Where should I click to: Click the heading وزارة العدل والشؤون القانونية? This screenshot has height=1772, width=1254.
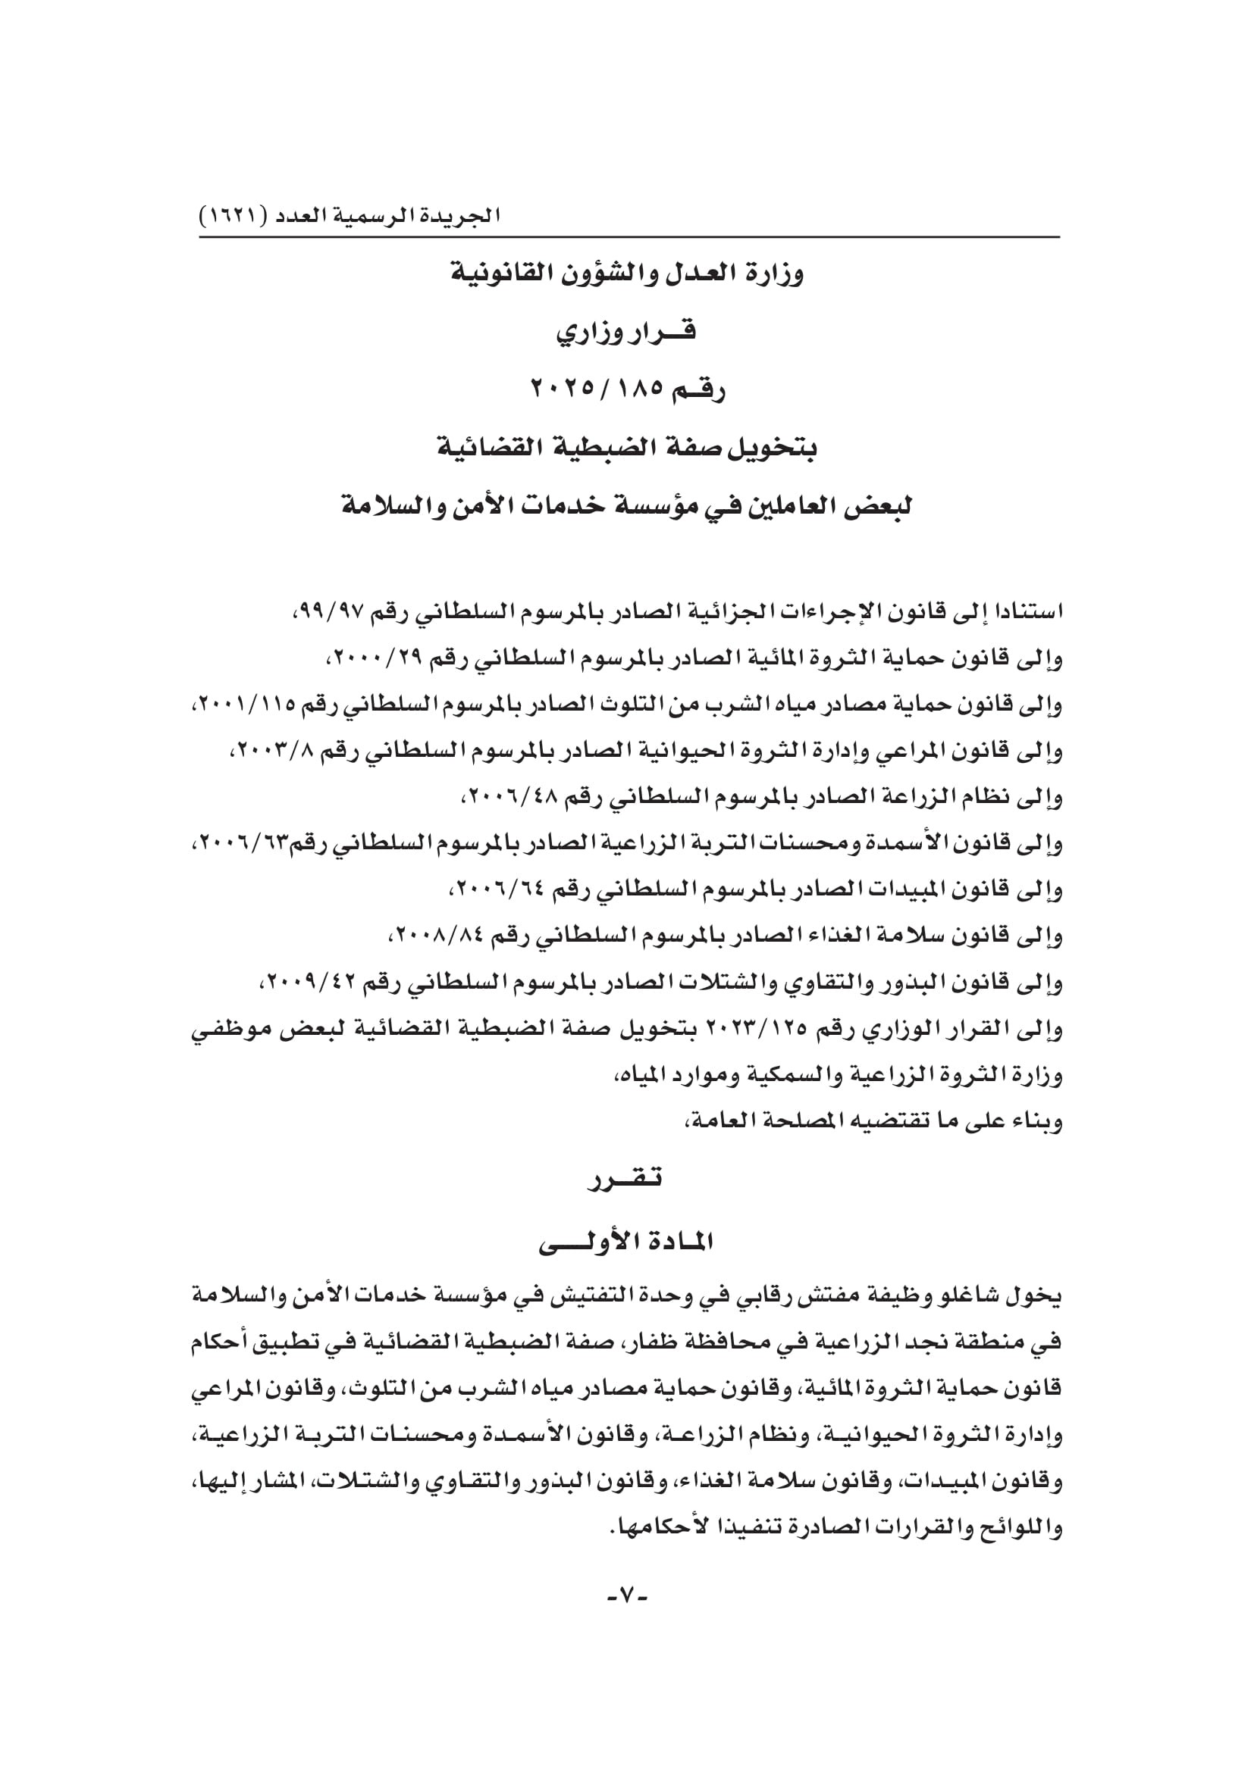point(627,274)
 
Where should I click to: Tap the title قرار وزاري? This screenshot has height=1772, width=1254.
point(626,333)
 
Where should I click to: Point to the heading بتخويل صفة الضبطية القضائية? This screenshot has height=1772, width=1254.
point(626,448)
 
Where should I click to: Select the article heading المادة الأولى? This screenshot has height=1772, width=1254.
point(626,1242)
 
